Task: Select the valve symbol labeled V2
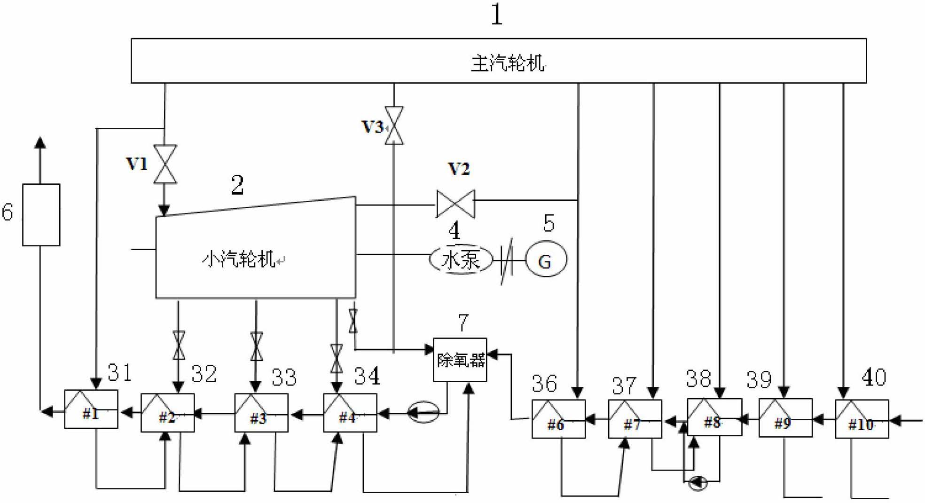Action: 455,204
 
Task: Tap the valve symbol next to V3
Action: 394,126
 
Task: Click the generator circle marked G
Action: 546,259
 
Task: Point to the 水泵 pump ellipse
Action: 461,259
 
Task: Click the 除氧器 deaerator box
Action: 460,360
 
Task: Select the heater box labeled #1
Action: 91,409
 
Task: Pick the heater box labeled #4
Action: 350,413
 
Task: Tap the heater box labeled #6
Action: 558,419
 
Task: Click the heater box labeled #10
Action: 861,419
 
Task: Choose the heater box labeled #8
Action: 714,417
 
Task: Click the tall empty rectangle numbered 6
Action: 41,215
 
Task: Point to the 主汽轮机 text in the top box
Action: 508,63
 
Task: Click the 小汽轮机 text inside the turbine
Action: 239,259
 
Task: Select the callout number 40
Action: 874,377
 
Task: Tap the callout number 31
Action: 119,373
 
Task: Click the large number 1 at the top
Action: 497,15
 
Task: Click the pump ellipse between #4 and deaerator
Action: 423,412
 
